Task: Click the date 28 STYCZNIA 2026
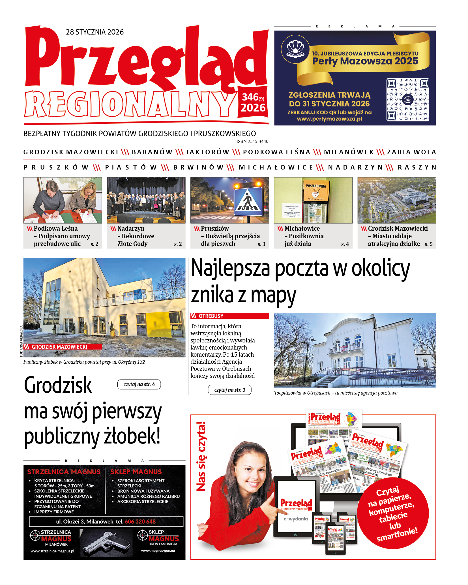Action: (95, 32)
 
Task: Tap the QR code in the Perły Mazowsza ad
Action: (408, 100)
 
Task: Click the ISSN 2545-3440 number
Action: (252, 141)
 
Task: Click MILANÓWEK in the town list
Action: (349, 152)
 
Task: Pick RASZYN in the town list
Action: (417, 167)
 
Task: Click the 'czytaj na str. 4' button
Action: (139, 384)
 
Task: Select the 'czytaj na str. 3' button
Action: (229, 390)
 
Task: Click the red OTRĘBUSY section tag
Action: (229, 316)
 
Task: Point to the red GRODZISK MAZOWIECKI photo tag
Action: (63, 347)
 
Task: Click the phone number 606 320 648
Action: (140, 521)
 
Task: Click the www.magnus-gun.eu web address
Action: (158, 550)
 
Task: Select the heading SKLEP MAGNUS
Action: (136, 472)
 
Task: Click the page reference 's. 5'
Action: (428, 244)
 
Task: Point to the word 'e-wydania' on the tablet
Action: (296, 519)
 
